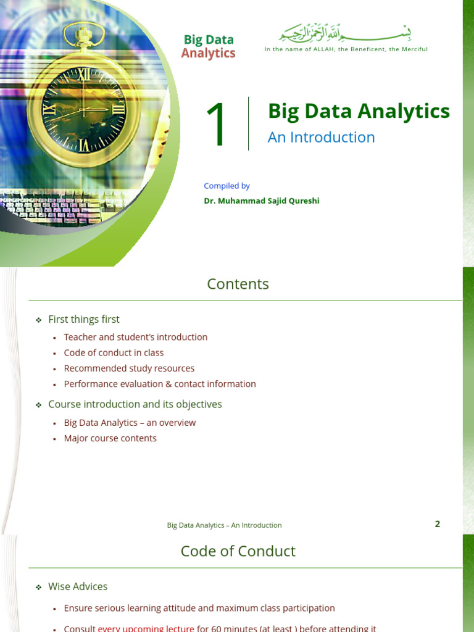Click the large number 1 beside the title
(x=217, y=126)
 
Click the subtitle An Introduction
(x=321, y=137)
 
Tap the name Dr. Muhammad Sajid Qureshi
(x=262, y=201)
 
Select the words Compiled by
(x=227, y=186)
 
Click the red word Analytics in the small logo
(x=208, y=54)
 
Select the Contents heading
(x=238, y=284)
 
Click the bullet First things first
(x=84, y=319)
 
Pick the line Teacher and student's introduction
(x=136, y=337)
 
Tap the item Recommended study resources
(x=129, y=368)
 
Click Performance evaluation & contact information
(x=160, y=384)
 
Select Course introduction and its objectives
(x=135, y=404)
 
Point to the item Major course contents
(x=110, y=438)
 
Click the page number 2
(x=438, y=524)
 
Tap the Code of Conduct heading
(x=238, y=551)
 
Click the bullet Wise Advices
(x=78, y=586)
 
